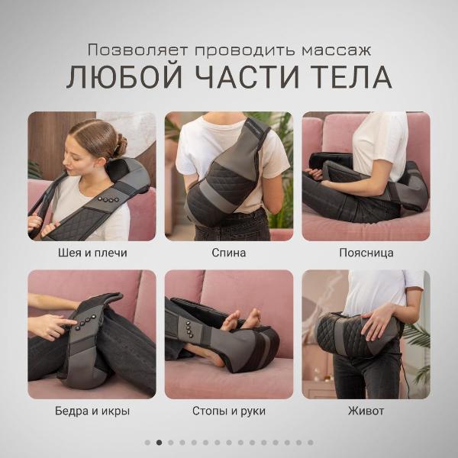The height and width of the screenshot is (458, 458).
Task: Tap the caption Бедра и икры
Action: pyautogui.click(x=92, y=411)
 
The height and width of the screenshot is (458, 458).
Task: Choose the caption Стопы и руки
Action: pyautogui.click(x=228, y=411)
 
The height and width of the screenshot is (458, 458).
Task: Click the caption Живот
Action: pyautogui.click(x=366, y=411)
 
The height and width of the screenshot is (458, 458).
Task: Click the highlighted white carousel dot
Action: pyautogui.click(x=159, y=442)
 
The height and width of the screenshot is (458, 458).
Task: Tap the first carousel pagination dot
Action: pyautogui.click(x=147, y=442)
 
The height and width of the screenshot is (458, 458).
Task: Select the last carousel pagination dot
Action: pyautogui.click(x=310, y=442)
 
